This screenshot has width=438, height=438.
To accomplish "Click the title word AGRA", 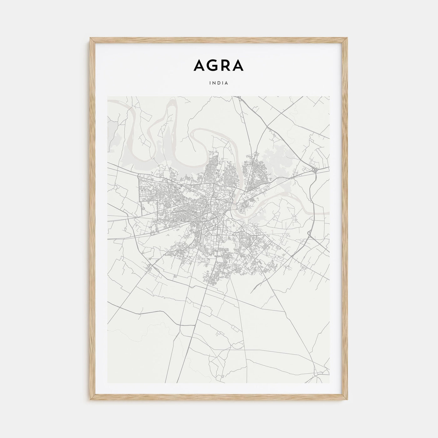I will coord(219,65).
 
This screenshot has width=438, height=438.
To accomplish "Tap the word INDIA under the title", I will coord(219,84).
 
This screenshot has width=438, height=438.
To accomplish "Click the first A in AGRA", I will coord(199,65).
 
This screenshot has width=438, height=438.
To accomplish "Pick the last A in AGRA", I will coord(238,65).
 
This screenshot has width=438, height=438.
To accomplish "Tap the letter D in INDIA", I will coord(219,84).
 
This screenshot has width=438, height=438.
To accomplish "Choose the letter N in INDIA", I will coord(215,84).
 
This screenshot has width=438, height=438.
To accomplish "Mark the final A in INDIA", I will coord(227,84).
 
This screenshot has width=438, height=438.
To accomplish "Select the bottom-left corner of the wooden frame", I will coord(90,400).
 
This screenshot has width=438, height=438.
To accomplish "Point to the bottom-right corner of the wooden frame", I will coord(348,400).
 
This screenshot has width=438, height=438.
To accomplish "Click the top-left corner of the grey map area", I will coord(108,96).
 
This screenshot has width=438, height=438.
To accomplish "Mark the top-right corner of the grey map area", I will coord(330,96).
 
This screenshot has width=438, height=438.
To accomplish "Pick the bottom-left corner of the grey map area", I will coord(108,383).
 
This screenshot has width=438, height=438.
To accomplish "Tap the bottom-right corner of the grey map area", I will coord(330,383).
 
